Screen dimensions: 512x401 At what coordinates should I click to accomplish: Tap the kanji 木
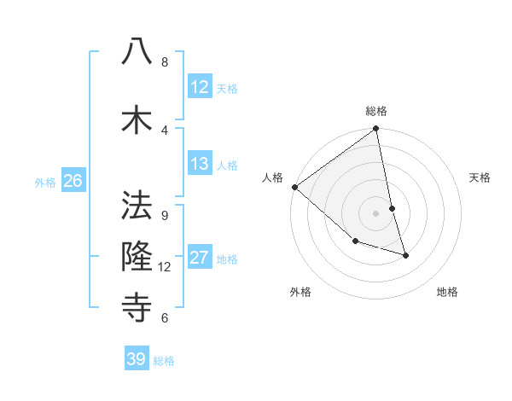click(x=137, y=119)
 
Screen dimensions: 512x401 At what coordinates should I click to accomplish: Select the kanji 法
click(x=137, y=205)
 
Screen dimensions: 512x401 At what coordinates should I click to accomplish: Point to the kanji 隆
click(x=137, y=257)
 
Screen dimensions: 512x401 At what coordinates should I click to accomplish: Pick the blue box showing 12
click(x=200, y=87)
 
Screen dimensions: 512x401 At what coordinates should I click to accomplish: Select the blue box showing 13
click(x=200, y=164)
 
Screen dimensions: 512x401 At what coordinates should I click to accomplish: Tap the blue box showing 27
click(x=200, y=258)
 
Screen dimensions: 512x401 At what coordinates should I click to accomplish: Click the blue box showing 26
click(x=73, y=181)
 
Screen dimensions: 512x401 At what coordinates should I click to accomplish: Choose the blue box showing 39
click(x=137, y=359)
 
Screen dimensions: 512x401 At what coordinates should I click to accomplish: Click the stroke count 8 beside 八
click(x=165, y=62)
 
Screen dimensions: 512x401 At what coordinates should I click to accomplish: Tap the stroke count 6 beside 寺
click(x=165, y=318)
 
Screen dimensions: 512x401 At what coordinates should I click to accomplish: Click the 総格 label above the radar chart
click(x=376, y=111)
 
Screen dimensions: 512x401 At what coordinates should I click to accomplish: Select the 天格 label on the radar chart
click(x=480, y=177)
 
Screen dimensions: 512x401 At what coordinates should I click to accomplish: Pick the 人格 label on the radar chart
click(x=272, y=177)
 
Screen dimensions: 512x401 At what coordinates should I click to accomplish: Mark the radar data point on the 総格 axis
click(x=376, y=130)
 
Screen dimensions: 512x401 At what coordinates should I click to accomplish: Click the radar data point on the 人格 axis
click(x=294, y=187)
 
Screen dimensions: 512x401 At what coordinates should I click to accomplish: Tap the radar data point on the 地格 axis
click(x=406, y=255)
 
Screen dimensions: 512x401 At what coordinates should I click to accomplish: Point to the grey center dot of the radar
click(x=376, y=213)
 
